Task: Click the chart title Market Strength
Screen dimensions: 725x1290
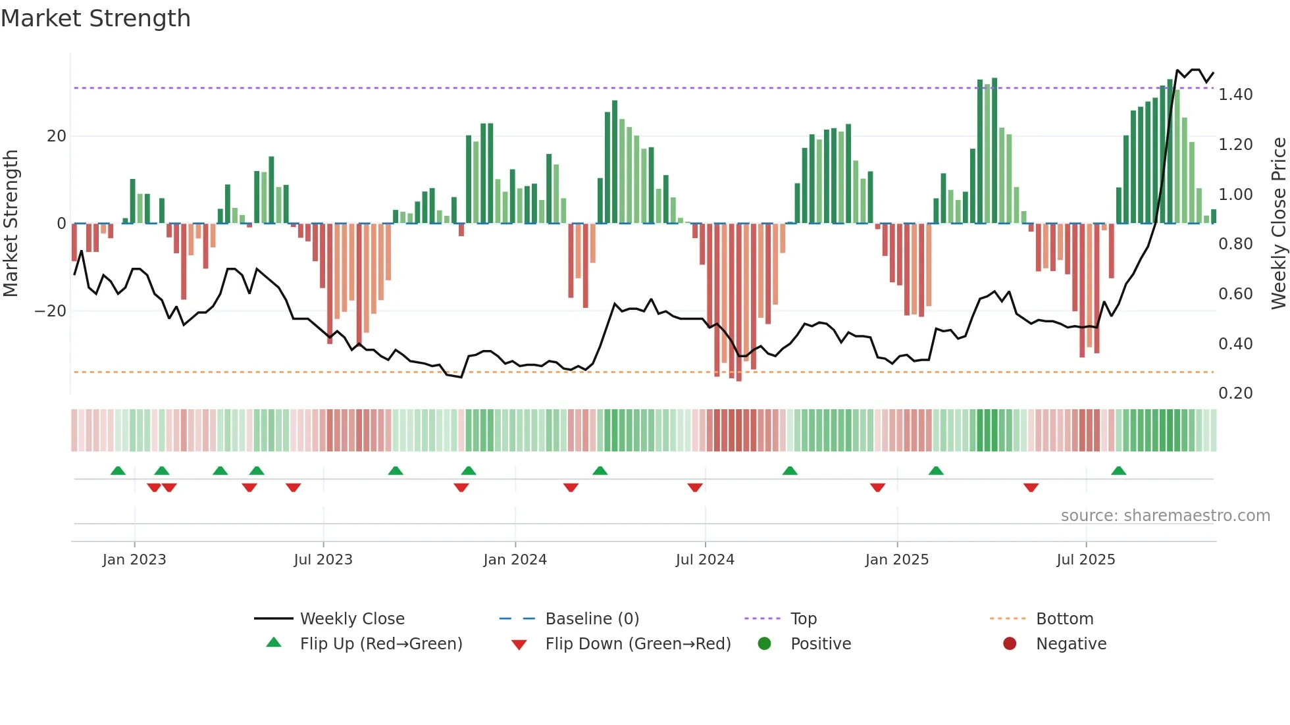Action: [x=96, y=18]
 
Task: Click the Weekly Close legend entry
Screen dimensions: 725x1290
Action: [x=351, y=618]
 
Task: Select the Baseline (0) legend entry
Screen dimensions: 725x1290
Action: [x=592, y=618]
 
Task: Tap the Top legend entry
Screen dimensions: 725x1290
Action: [x=803, y=618]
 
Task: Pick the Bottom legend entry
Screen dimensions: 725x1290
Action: [x=1064, y=618]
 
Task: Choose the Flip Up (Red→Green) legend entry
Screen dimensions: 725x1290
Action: [x=380, y=643]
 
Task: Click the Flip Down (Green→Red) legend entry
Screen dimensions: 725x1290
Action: [x=637, y=643]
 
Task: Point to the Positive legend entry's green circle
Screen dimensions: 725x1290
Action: [x=764, y=643]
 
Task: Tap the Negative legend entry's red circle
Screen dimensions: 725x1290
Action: [x=1010, y=643]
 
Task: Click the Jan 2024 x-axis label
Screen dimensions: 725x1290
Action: [x=515, y=559]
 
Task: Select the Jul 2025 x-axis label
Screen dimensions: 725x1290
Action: [x=1085, y=559]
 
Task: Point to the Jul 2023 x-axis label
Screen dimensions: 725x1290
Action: [x=322, y=559]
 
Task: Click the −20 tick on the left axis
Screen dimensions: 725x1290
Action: [x=51, y=311]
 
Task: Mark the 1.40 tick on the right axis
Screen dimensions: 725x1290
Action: [x=1235, y=95]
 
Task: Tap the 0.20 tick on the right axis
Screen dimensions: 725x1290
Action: [x=1235, y=393]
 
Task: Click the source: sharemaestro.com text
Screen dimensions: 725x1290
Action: [x=1165, y=516]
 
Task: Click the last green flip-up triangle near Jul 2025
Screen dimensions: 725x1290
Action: [x=1118, y=470]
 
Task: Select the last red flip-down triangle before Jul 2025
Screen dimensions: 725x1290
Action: [x=1031, y=488]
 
